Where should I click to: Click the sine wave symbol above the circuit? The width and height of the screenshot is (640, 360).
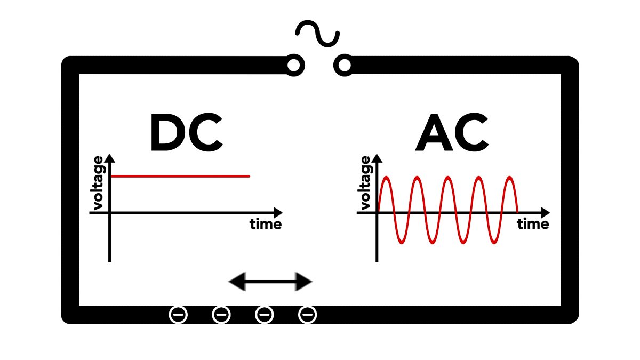point(318,34)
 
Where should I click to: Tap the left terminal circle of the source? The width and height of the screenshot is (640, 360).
point(293,66)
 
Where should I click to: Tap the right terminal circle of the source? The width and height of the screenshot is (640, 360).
point(345,66)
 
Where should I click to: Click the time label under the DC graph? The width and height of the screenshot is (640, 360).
point(266,225)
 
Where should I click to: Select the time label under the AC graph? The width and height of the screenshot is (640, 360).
point(533,225)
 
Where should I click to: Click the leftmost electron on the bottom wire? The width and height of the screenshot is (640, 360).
point(178,315)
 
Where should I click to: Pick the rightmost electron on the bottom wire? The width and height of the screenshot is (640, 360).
point(307,315)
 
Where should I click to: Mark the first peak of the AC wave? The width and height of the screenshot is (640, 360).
point(385,177)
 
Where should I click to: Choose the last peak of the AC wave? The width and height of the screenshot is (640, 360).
point(510,177)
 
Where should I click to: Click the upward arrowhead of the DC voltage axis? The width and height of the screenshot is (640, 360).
point(110,158)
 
